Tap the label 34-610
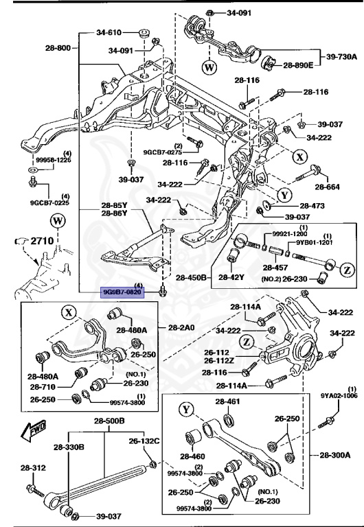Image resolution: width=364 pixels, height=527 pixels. [x=109, y=32]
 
